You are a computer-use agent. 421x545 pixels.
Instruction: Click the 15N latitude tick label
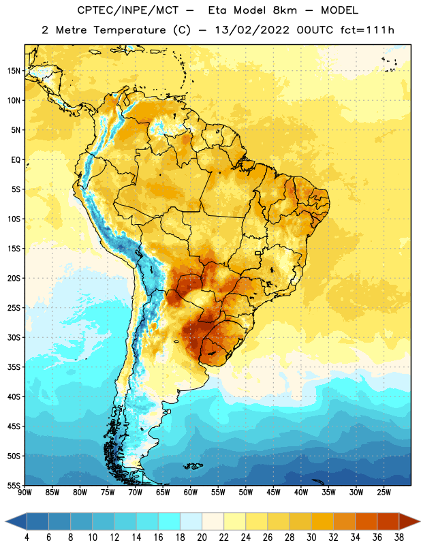click(x=14, y=71)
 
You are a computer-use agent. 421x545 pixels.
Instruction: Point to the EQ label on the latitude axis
click(x=16, y=160)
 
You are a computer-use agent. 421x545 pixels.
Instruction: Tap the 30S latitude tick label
click(x=14, y=337)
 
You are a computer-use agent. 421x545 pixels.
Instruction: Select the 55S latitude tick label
click(x=14, y=486)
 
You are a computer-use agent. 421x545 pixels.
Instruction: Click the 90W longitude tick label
click(x=25, y=493)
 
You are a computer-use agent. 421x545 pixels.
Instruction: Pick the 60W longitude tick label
click(x=191, y=493)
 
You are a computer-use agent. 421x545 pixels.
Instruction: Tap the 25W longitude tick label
click(x=384, y=493)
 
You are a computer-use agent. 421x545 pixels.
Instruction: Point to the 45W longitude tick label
click(x=273, y=493)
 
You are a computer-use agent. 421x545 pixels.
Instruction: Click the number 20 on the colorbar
click(x=202, y=538)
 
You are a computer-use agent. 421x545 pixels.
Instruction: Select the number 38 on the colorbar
click(x=399, y=538)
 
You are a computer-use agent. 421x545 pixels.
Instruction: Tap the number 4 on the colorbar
click(x=27, y=538)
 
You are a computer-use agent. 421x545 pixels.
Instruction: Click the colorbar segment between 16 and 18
click(x=170, y=521)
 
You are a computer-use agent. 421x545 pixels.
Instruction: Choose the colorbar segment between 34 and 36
click(x=367, y=521)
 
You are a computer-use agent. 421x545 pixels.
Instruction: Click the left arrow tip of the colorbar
click(x=5, y=521)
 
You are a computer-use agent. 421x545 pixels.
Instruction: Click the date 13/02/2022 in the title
click(x=252, y=30)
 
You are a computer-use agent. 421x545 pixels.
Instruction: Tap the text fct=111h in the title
click(x=367, y=30)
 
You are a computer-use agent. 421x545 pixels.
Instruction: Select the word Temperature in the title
click(x=129, y=30)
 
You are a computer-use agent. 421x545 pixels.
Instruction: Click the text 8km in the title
click(x=285, y=10)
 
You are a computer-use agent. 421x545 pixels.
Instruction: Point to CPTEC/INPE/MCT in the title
click(x=127, y=10)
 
